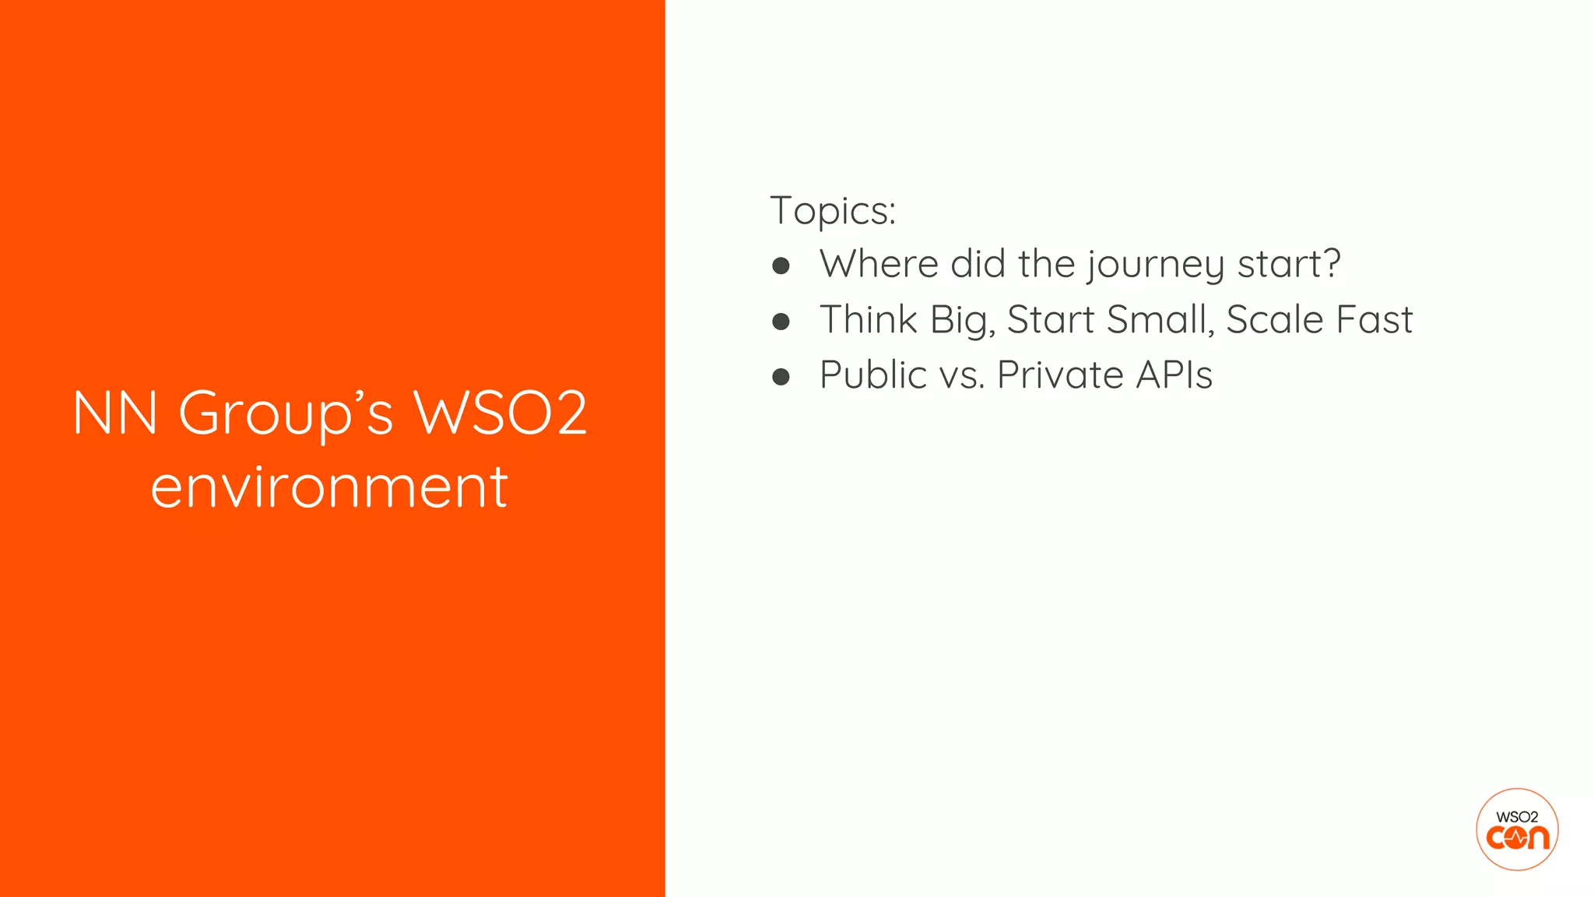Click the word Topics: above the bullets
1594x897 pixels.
tap(833, 211)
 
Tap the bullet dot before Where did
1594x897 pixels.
tap(781, 266)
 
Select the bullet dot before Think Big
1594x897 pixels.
tap(781, 322)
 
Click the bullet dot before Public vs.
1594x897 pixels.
tap(781, 378)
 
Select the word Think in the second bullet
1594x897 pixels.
tap(869, 320)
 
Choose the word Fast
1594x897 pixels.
tap(1374, 320)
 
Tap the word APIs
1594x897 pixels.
tap(1174, 375)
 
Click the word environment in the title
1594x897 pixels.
tap(329, 487)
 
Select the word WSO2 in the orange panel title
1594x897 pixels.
tap(500, 413)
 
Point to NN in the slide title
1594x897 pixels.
tap(115, 413)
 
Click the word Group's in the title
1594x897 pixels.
tap(286, 414)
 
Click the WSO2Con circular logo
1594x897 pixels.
tap(1517, 829)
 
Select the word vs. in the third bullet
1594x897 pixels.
tap(962, 377)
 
